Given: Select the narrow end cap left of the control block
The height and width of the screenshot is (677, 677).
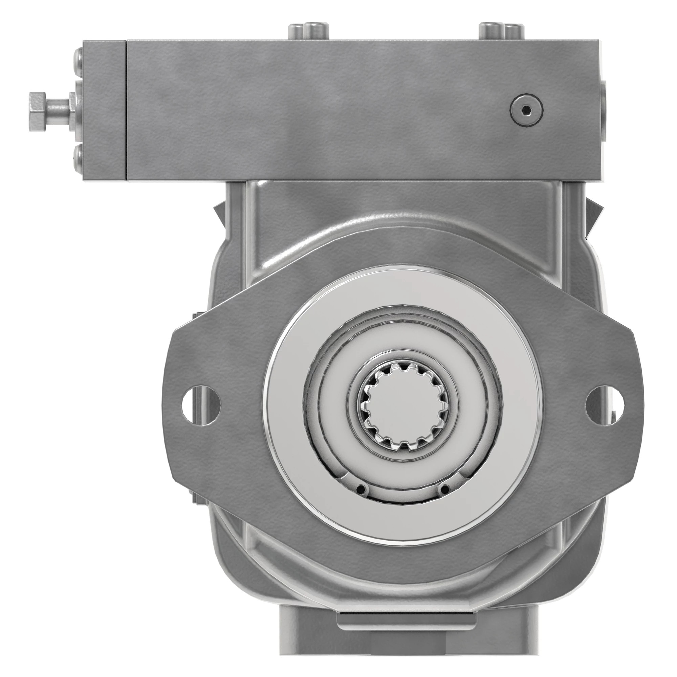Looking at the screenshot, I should tap(104, 110).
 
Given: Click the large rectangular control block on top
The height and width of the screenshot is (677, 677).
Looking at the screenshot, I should tap(350, 110).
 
